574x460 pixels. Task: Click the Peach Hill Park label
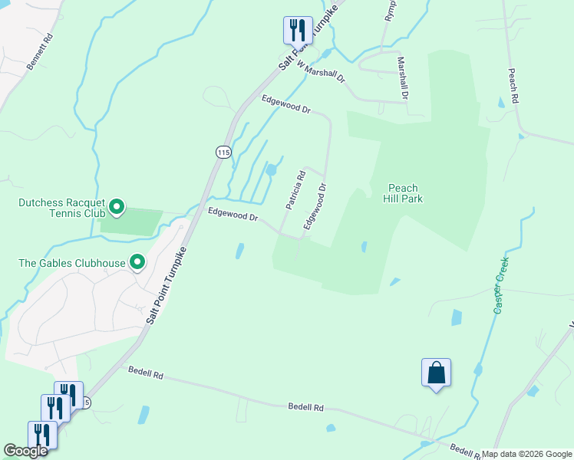click(x=403, y=193)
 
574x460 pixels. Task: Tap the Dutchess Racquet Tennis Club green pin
click(x=117, y=206)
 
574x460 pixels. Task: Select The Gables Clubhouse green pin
click(x=137, y=263)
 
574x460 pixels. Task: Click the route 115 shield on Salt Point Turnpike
click(x=223, y=152)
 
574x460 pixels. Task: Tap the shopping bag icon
click(x=436, y=373)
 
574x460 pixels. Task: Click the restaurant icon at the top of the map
click(x=297, y=30)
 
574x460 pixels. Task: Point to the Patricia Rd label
click(x=295, y=190)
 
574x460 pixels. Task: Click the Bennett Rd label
click(x=40, y=52)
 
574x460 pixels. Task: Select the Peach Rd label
click(x=513, y=86)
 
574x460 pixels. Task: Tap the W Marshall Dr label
click(x=322, y=74)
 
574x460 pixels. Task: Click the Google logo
click(x=25, y=451)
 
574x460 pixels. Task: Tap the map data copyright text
click(x=526, y=454)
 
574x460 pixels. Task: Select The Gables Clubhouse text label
click(x=72, y=264)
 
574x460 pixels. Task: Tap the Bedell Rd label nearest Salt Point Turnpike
click(x=147, y=376)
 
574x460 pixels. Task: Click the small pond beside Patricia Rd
click(x=271, y=169)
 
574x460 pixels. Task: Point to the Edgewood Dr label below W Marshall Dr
click(x=285, y=104)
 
